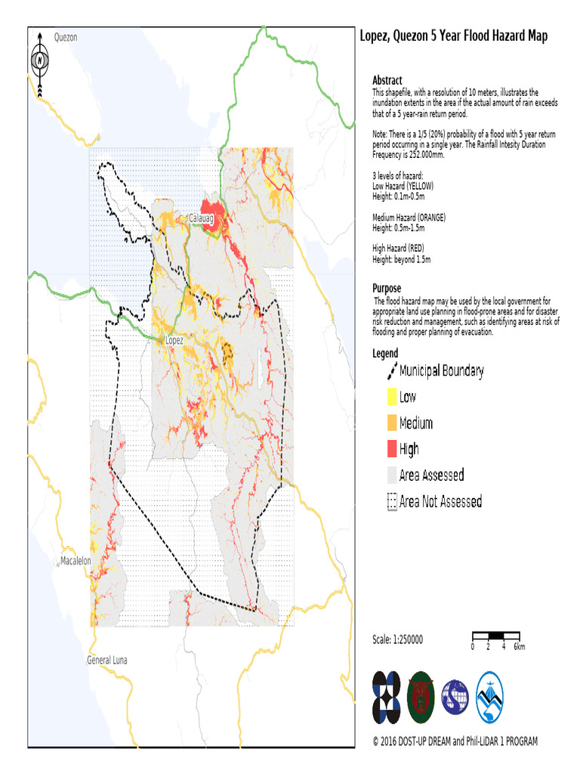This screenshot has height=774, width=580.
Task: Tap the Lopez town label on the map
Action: pyautogui.click(x=174, y=341)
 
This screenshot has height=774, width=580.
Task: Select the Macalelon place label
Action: pyautogui.click(x=76, y=561)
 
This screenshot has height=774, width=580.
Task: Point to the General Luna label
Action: pyautogui.click(x=106, y=660)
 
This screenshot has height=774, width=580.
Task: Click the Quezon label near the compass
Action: pyautogui.click(x=66, y=37)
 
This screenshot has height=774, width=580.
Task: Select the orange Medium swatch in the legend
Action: pyautogui.click(x=391, y=423)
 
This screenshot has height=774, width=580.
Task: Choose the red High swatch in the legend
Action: pyautogui.click(x=391, y=449)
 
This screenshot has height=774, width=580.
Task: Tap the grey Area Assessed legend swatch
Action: pyautogui.click(x=391, y=475)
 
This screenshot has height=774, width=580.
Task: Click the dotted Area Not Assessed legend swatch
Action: pyautogui.click(x=391, y=501)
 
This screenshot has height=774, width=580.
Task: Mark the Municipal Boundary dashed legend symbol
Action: pyautogui.click(x=392, y=370)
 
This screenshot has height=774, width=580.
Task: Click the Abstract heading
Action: pyautogui.click(x=387, y=80)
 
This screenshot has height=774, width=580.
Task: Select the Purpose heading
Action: pyautogui.click(x=387, y=288)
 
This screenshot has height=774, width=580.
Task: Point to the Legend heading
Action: pyautogui.click(x=385, y=353)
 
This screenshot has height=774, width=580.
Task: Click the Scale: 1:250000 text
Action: pyautogui.click(x=397, y=639)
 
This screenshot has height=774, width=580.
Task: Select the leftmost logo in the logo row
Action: pyautogui.click(x=387, y=696)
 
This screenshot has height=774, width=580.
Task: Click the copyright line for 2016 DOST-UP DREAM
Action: pyautogui.click(x=455, y=741)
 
